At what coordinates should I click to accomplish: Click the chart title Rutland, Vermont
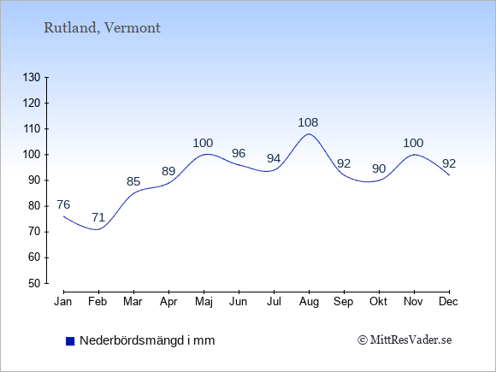pos(102,28)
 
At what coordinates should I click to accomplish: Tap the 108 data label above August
pos(308,122)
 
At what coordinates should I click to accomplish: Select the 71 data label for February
pos(98,217)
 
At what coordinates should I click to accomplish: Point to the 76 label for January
pos(63,204)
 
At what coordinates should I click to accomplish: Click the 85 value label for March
pos(133,181)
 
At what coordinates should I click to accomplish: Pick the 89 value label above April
pos(168,171)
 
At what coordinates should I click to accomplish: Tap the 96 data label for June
pos(239,153)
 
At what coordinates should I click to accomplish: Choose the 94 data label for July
pos(274,158)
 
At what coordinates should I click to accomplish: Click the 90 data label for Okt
pos(379,169)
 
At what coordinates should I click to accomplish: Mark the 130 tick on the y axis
pos(32,77)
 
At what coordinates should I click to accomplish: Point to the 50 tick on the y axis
pos(34,283)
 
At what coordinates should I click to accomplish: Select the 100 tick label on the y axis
pos(32,155)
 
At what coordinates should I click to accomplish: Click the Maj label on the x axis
pos(204,302)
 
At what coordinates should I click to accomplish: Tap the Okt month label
pos(378,302)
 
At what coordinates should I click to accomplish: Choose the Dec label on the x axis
pos(448,302)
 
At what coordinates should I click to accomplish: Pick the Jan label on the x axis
pos(63,302)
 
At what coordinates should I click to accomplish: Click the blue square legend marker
pos(70,341)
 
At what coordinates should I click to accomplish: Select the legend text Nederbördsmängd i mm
pos(147,340)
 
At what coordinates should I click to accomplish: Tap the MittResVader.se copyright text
pos(404,340)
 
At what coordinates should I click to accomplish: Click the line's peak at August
pos(309,133)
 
